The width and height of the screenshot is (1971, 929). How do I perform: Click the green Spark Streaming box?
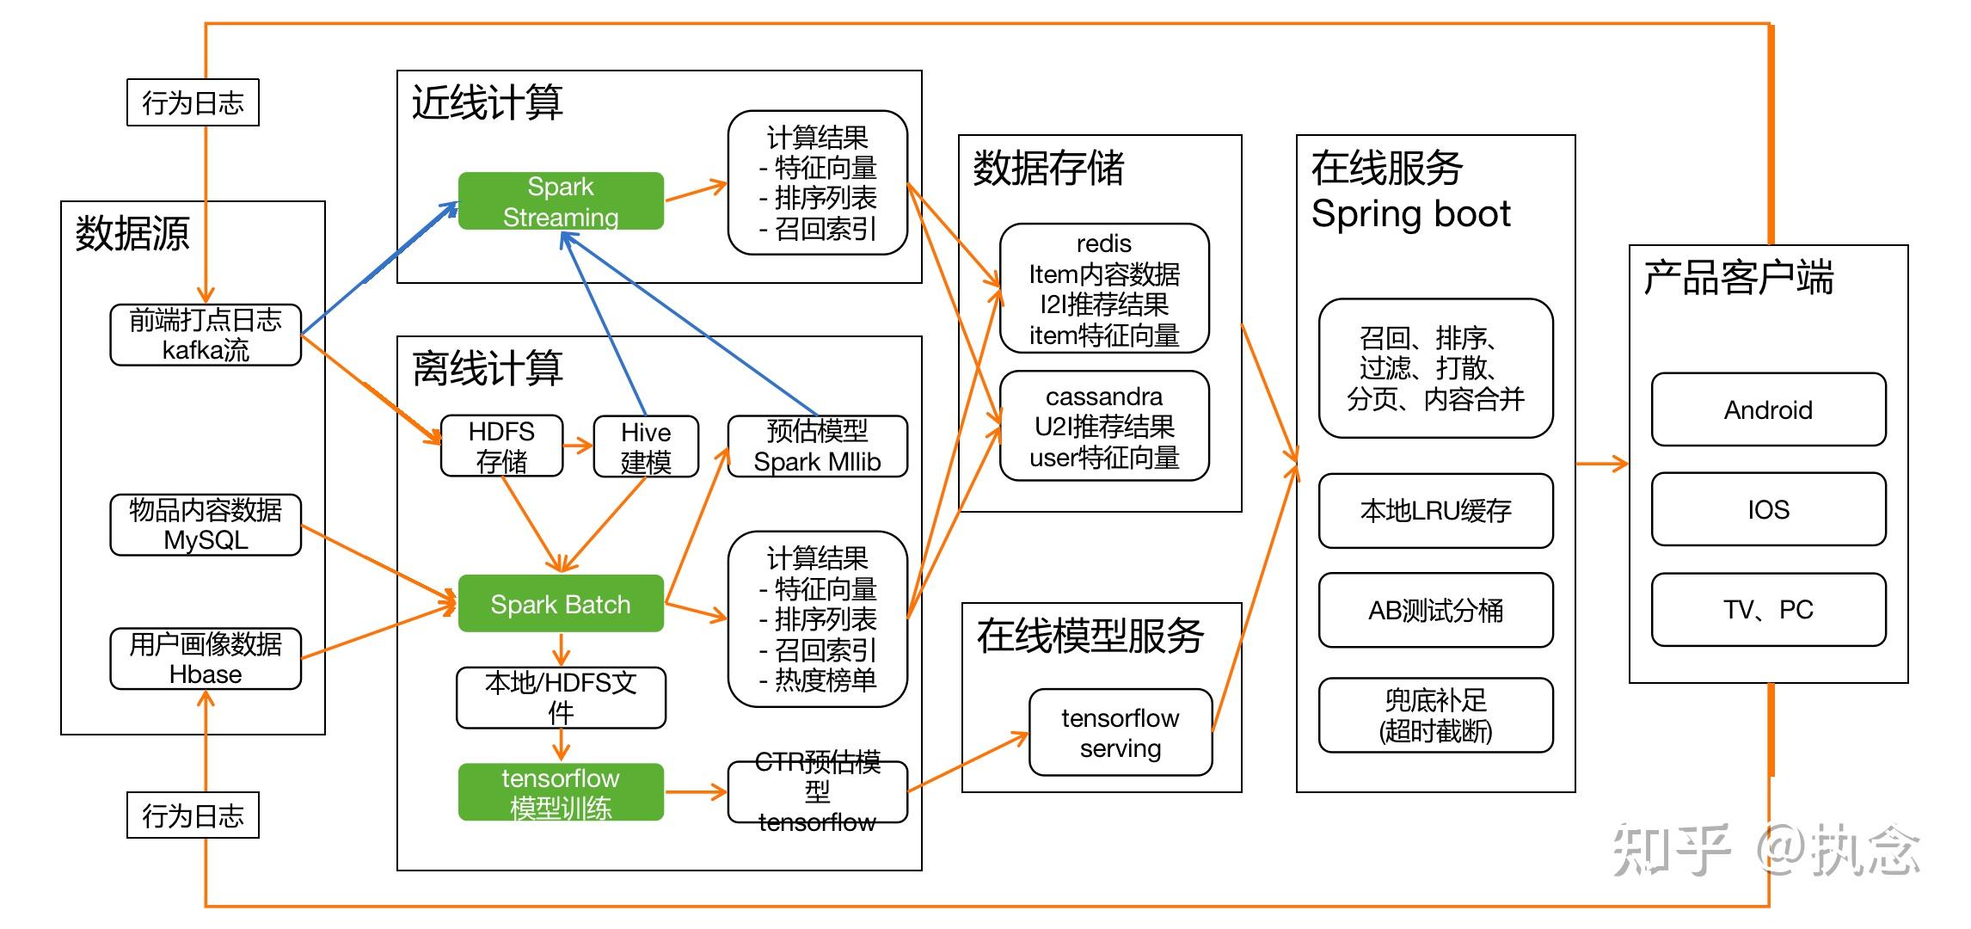coord(561,201)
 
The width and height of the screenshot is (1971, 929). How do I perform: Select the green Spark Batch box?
coord(561,604)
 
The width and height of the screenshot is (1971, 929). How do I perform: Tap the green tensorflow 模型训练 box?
coord(561,792)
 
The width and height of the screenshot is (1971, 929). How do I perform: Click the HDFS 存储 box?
coord(502,446)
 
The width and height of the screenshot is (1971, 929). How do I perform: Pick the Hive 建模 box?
coord(646,446)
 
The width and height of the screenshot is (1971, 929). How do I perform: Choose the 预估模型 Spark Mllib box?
coord(818,446)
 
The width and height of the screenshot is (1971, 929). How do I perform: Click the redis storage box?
coord(1104,289)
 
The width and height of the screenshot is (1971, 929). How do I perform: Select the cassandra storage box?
coord(1104,427)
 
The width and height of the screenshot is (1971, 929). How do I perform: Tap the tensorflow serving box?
coord(1121,732)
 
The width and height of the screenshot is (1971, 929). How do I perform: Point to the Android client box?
coord(1769,409)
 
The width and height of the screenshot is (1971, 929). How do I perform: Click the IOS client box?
coord(1769,509)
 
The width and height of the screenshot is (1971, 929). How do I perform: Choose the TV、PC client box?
coord(1769,609)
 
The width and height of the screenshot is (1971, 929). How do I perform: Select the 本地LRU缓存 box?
coord(1436,511)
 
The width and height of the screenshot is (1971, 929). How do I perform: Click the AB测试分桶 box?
coord(1436,610)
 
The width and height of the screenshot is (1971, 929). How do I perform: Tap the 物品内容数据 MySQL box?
coord(206,525)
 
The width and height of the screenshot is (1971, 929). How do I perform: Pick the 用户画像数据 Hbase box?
coord(206,659)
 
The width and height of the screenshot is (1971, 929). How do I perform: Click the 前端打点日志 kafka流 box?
coord(206,335)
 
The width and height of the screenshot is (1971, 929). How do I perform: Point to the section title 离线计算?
coord(488,368)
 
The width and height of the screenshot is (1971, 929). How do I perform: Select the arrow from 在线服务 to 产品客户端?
coord(1602,464)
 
